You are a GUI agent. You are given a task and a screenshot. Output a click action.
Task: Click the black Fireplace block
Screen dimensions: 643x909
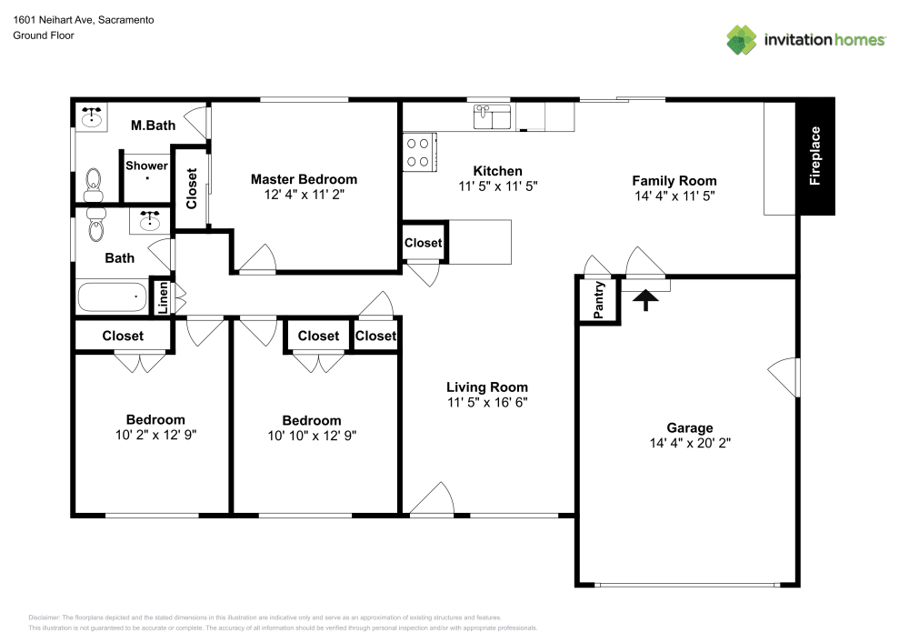click(x=815, y=156)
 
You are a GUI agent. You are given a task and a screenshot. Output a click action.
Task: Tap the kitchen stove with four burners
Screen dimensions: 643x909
click(x=419, y=152)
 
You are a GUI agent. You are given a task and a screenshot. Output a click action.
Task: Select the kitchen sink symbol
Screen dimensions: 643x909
click(x=492, y=116)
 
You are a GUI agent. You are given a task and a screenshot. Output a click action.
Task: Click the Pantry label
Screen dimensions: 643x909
click(x=598, y=300)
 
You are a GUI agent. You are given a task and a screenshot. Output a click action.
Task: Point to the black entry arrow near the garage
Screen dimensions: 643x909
click(x=646, y=299)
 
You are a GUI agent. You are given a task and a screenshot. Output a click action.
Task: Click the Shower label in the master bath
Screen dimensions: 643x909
click(x=146, y=166)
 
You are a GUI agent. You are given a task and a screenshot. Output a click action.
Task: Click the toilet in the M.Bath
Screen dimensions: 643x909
click(x=93, y=186)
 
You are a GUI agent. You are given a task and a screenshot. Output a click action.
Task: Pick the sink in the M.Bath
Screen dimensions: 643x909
click(x=92, y=117)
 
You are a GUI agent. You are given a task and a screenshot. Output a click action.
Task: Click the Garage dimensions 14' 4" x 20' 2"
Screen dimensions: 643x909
click(x=690, y=444)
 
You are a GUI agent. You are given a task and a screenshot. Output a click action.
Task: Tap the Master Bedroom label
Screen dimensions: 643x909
click(x=304, y=179)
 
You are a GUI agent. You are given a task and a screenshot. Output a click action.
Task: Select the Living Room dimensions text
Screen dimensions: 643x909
click(x=487, y=402)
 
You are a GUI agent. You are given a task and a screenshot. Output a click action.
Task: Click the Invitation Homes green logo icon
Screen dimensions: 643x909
click(x=742, y=39)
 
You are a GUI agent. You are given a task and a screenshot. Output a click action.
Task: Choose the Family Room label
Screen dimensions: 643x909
click(x=674, y=180)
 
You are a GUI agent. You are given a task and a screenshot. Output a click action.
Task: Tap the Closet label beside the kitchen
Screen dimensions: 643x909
click(x=423, y=243)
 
